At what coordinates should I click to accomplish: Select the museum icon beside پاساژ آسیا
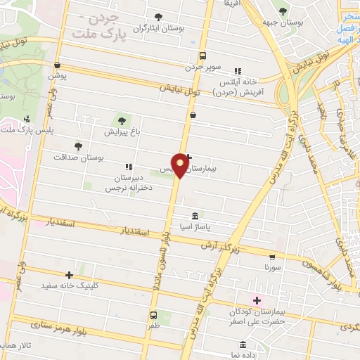195,216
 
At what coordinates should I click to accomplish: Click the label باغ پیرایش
124,131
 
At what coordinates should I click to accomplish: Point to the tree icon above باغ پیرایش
124,121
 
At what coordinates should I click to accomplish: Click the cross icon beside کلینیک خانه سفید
69,275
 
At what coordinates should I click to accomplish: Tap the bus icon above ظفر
154,316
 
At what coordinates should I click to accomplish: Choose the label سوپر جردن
203,68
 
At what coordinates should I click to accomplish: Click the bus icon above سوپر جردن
203,56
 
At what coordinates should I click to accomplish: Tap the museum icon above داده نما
243,345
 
